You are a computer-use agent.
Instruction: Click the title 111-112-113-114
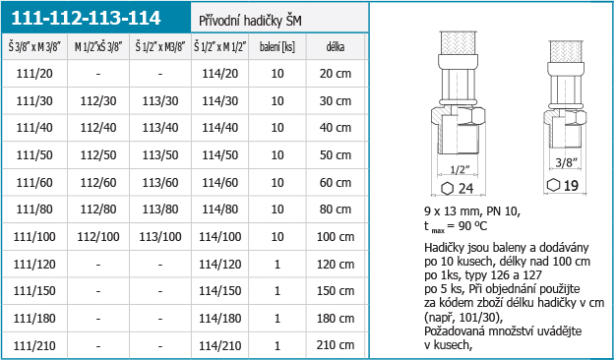86,18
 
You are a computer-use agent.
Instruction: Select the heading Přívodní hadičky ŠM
250,21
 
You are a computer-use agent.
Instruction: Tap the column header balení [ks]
277,47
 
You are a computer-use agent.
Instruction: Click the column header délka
336,47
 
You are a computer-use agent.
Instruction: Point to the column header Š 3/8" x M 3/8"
34,47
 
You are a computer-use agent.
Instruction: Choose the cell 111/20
34,74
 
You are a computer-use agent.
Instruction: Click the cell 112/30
98,101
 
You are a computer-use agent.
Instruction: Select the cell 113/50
160,155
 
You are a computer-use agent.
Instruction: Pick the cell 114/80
220,210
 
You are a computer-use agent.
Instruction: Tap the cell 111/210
34,345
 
